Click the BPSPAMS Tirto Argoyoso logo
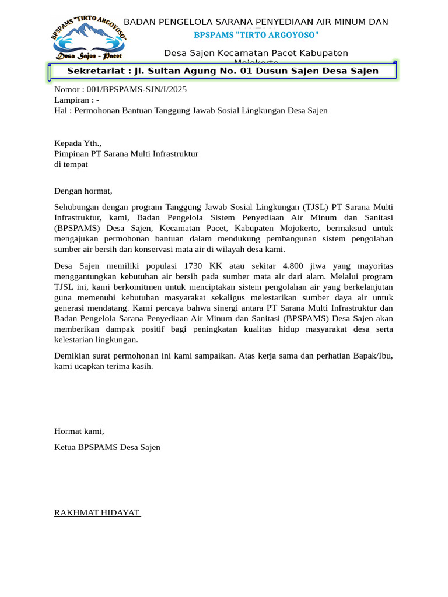88,38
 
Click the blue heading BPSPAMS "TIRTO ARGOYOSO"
256,36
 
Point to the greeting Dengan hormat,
83,191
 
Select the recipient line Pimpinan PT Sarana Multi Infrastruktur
126,154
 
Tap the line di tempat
71,164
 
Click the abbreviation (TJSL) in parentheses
315,207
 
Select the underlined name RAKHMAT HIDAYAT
96,512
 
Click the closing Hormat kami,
79,431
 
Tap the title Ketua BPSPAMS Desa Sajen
107,447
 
